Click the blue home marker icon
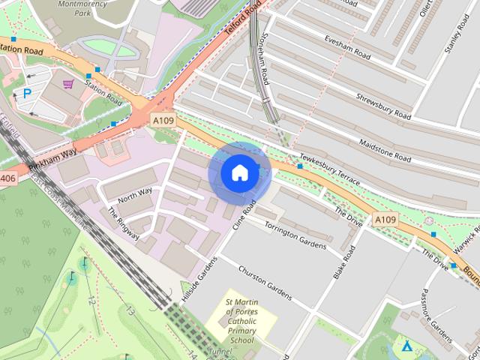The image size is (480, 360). pos(239,173)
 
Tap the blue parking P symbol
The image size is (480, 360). pos(27,94)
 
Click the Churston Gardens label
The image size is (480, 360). pos(264,280)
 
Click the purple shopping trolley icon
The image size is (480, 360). pos(68,84)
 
